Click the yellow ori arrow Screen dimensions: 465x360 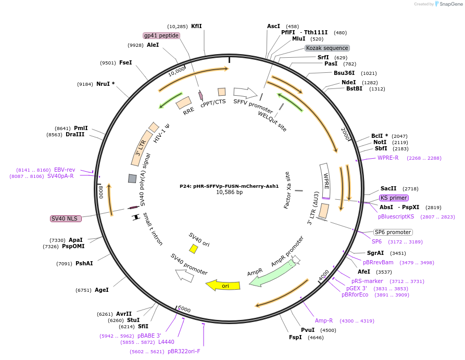pyautogui.click(x=223, y=286)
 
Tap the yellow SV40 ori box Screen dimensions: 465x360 pyautogui.click(x=194, y=249)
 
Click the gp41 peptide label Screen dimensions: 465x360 pyautogui.click(x=161, y=35)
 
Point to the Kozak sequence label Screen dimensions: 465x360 pyautogui.click(x=327, y=48)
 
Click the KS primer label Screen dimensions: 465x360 pyautogui.click(x=394, y=198)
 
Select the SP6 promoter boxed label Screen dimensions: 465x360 pyautogui.click(x=393, y=232)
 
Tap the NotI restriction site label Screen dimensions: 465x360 pyautogui.click(x=380, y=142)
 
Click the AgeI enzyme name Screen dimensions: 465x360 pyautogui.click(x=102, y=290)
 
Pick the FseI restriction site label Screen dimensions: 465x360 pyautogui.click(x=125, y=62)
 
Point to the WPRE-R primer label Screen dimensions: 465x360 pyautogui.click(x=388, y=158)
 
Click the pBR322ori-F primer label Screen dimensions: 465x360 pyautogui.click(x=184, y=351)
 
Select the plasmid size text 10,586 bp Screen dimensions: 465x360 pyautogui.click(x=229, y=192)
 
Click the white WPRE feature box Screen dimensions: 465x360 pyautogui.click(x=325, y=181)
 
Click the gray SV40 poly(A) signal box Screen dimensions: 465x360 pyautogui.click(x=132, y=178)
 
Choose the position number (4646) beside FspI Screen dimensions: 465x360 pyautogui.click(x=316, y=338)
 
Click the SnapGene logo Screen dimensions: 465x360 pyautogui.click(x=449, y=4)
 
